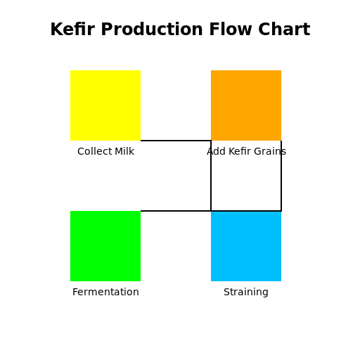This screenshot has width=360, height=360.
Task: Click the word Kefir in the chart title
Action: (x=72, y=30)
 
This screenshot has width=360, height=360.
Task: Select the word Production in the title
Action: (x=152, y=30)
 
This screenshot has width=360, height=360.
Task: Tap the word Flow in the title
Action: (x=231, y=30)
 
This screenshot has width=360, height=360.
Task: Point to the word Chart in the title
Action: (x=284, y=30)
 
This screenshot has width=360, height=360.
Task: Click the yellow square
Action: (x=105, y=105)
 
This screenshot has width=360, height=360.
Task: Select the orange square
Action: (x=246, y=105)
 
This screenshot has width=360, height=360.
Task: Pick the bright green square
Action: (x=105, y=246)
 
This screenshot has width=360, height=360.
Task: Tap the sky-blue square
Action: (x=246, y=246)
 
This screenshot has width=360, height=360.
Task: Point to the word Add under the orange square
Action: (x=216, y=151)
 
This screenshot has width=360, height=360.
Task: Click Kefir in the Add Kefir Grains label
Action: (x=240, y=151)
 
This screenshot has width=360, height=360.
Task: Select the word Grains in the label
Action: (x=270, y=151)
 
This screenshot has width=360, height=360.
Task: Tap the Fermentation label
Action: (x=105, y=292)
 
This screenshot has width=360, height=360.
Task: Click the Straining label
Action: (x=246, y=292)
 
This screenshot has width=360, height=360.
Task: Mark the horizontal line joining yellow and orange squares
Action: (x=176, y=141)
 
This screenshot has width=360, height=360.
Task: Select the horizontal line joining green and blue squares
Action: (x=176, y=211)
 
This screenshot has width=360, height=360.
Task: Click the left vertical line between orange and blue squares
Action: (x=211, y=176)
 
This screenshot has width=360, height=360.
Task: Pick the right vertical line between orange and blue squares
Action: (x=281, y=176)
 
